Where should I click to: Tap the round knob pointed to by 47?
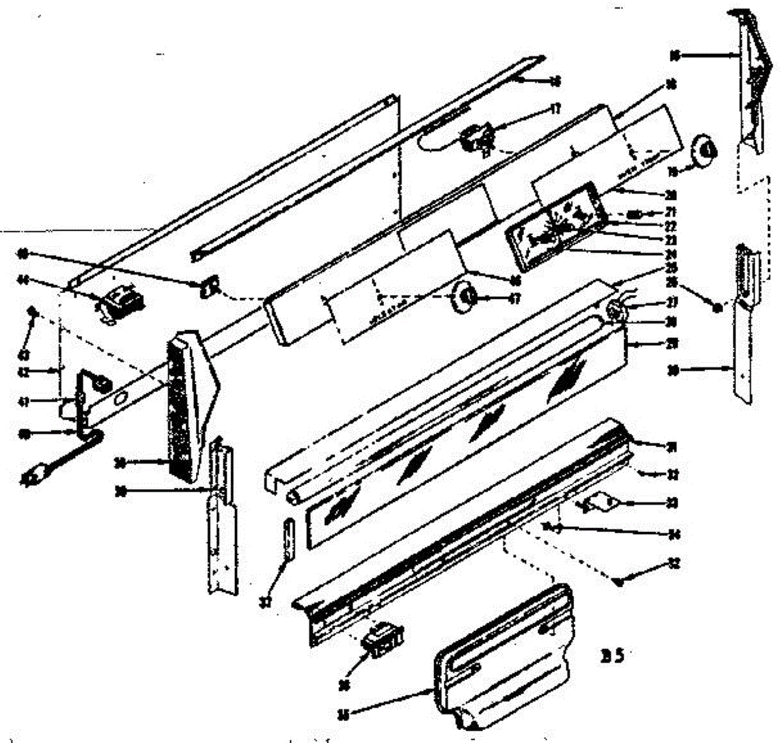(464, 298)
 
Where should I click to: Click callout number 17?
(555, 110)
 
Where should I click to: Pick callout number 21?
(671, 212)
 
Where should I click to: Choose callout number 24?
(671, 253)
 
